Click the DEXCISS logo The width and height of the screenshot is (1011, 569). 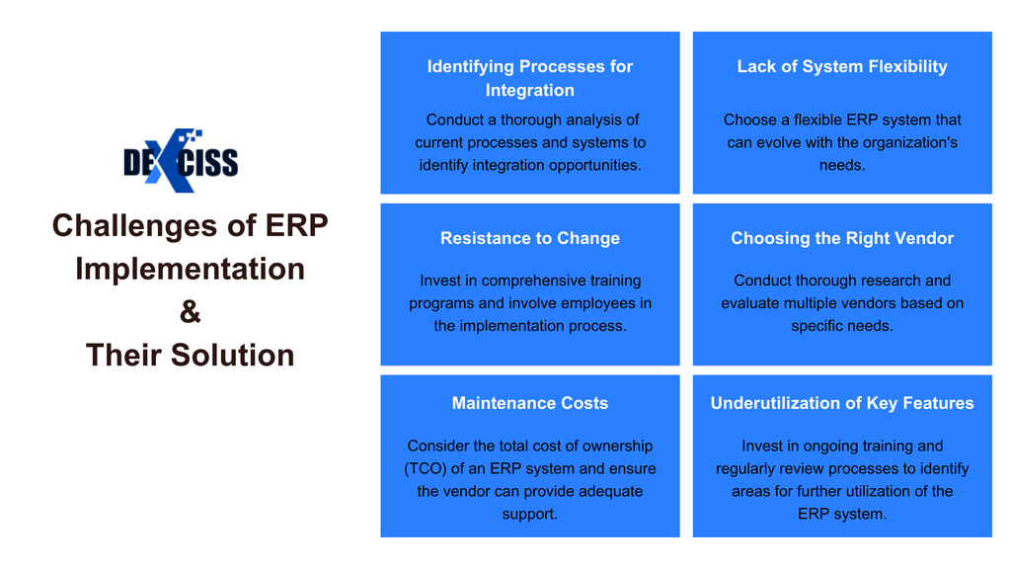click(181, 160)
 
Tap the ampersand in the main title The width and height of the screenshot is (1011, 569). click(190, 311)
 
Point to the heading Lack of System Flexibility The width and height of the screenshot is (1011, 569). click(841, 66)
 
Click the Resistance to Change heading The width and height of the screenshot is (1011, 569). click(529, 238)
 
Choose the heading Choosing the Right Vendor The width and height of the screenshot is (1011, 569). click(841, 238)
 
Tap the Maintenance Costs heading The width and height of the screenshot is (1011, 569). click(529, 403)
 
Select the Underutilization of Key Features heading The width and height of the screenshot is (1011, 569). click(841, 403)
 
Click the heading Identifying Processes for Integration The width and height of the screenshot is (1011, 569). click(529, 78)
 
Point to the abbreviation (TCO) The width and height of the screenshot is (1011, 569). click(428, 469)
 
